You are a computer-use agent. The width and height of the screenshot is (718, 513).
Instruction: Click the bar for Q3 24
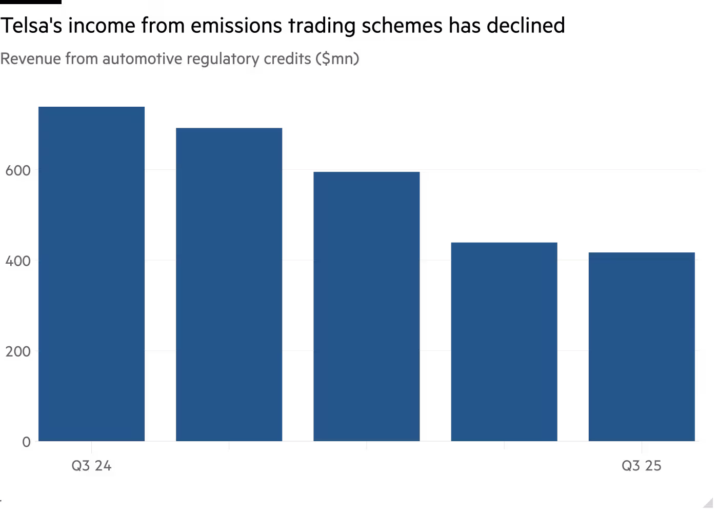(91, 274)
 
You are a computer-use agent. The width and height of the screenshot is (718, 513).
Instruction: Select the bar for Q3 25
(642, 347)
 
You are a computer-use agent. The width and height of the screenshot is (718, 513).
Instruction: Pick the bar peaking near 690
(229, 284)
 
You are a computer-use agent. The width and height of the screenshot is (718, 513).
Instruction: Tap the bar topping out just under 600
(366, 306)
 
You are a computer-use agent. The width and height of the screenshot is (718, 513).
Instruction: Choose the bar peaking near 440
(504, 342)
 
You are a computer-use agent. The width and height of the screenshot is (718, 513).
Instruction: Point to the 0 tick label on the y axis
(26, 442)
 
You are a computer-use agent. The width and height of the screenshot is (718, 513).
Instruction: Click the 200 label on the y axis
(18, 351)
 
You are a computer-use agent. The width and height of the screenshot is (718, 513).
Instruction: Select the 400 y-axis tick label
(18, 261)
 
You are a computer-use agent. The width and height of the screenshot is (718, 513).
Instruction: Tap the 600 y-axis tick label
(18, 170)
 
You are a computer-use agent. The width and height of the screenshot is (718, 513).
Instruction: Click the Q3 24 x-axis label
(91, 466)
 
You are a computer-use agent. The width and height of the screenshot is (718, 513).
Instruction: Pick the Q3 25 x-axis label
(641, 466)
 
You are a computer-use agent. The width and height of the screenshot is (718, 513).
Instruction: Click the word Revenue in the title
(30, 60)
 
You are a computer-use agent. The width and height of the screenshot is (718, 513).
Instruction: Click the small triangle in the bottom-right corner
(709, 502)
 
